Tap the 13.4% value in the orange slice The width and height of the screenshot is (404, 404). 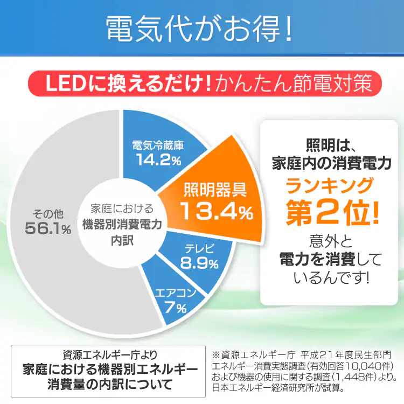point(215,212)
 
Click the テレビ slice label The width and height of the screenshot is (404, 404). point(199,249)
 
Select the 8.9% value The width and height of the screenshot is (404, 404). point(199,264)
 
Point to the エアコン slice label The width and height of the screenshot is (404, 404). point(175,294)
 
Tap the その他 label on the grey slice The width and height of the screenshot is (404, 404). point(47,212)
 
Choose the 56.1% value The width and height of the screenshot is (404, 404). point(47,228)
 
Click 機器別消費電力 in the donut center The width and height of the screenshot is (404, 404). point(122,224)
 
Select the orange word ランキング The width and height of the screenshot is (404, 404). point(329,186)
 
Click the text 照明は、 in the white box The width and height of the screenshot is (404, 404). point(329,145)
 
